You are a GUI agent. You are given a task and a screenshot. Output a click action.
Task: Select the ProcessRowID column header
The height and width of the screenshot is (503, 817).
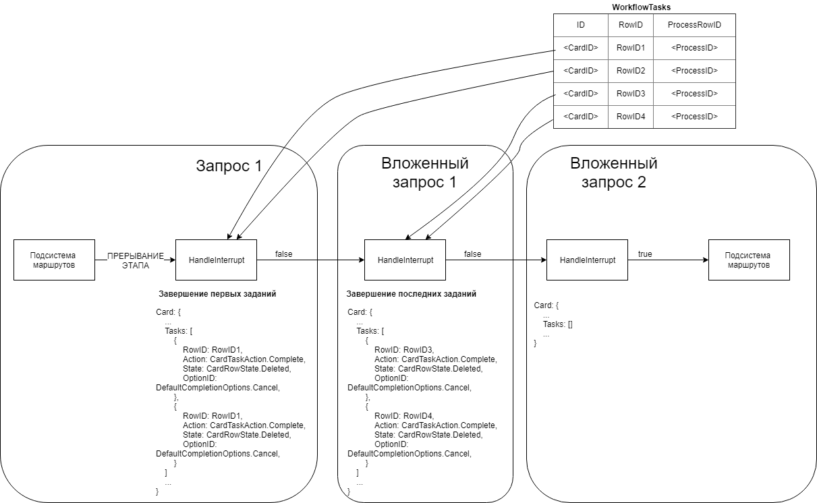click(x=694, y=25)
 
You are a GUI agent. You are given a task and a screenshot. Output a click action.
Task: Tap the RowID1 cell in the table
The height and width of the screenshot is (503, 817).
click(x=631, y=48)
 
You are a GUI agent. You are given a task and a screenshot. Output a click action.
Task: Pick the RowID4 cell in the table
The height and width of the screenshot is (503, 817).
click(x=631, y=117)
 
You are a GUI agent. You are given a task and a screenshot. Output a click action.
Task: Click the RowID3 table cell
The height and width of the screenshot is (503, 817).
click(x=631, y=94)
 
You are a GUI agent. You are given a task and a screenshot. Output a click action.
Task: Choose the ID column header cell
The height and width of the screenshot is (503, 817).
click(x=580, y=25)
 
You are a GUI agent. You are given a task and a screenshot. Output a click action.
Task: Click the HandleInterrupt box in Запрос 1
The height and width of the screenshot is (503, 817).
click(x=216, y=260)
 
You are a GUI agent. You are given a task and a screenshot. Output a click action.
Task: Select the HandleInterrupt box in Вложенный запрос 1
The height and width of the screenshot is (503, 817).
click(x=405, y=260)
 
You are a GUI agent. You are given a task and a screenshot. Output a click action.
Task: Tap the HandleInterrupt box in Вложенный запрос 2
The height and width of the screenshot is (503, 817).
click(x=587, y=260)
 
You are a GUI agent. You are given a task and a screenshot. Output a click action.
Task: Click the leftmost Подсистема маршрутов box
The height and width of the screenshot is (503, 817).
click(x=54, y=260)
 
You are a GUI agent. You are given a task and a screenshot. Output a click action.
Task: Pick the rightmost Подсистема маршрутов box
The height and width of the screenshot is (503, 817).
click(x=748, y=260)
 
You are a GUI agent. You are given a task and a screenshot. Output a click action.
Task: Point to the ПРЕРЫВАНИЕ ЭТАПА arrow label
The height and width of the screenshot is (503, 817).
click(x=136, y=260)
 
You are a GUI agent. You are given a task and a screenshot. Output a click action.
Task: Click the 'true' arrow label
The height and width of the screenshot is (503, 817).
click(x=645, y=254)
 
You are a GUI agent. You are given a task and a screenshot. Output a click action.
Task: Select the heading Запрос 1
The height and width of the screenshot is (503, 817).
click(x=229, y=166)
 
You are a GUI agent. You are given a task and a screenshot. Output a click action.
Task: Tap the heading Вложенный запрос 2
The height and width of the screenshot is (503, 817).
click(x=613, y=173)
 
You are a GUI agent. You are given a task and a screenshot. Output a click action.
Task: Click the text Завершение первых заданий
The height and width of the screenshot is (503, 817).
click(x=217, y=294)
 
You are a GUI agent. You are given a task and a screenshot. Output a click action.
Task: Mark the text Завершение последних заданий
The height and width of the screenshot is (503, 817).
click(x=411, y=294)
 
